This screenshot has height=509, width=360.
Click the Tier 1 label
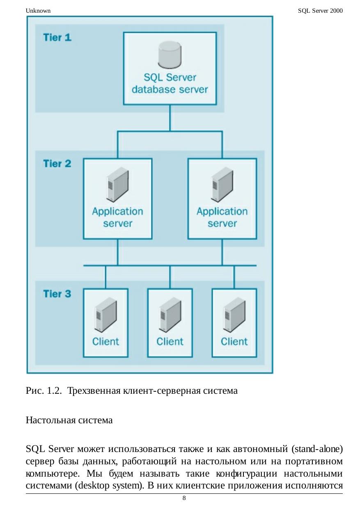[x=57, y=38]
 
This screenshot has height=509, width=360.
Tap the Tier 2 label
[x=57, y=164]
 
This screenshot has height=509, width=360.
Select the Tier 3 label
[x=57, y=294]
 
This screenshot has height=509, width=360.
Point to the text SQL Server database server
[x=170, y=84]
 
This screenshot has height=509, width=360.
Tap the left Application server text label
[x=117, y=217]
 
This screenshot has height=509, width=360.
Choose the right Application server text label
[x=222, y=217]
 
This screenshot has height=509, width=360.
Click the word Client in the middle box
[x=170, y=341]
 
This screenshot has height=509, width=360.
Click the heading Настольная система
[x=69, y=420]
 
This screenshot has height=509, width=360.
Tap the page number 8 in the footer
[x=184, y=498]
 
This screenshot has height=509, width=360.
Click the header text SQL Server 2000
[x=320, y=11]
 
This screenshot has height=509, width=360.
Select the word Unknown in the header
[x=38, y=11]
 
